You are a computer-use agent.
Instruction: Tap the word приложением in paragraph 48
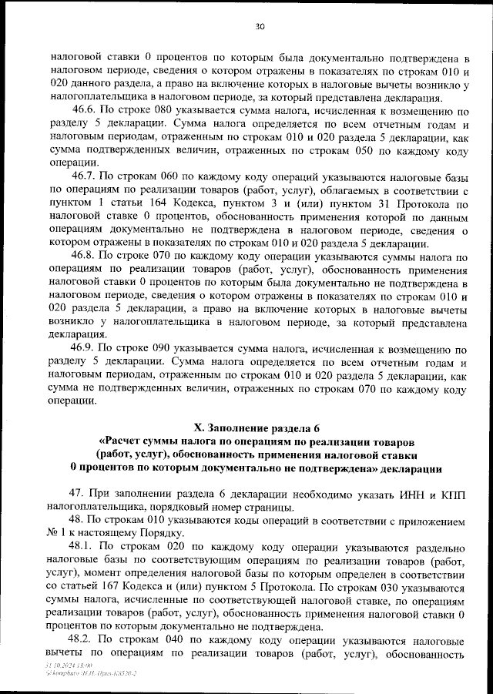pos(424,521)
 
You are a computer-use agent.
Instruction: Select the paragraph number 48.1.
pos(84,548)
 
